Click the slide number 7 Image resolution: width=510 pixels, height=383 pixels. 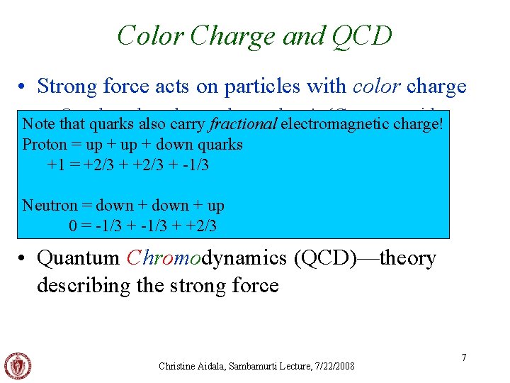(x=464, y=357)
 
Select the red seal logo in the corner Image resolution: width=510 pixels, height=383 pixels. (x=17, y=366)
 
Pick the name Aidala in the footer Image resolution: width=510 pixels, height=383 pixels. (x=218, y=366)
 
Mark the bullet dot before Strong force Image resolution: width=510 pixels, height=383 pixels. (x=23, y=87)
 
